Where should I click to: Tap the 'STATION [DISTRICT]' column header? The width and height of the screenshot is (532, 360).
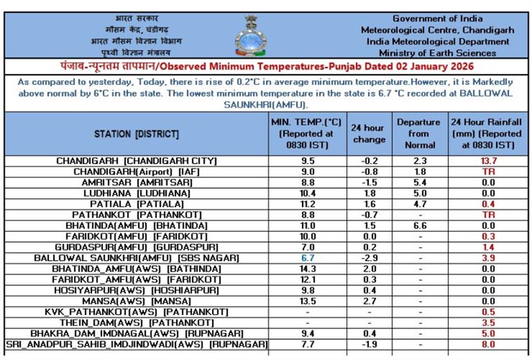136,133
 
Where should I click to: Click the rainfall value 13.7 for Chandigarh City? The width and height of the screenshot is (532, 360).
488,161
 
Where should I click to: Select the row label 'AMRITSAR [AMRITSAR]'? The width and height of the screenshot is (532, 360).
137,182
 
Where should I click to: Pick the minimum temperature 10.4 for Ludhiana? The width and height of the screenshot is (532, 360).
307,193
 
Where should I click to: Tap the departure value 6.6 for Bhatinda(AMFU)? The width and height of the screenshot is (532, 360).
420,226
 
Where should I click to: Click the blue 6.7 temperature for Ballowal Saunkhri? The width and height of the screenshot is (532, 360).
307,258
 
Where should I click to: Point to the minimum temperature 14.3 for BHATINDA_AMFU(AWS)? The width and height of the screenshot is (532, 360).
307,269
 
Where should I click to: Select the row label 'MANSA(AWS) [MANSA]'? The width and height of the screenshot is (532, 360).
137,301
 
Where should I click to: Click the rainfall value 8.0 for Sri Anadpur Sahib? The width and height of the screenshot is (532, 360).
488,344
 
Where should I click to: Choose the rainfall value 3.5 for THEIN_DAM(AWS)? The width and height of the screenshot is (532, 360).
488,323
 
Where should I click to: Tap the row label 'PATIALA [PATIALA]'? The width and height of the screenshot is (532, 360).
137,205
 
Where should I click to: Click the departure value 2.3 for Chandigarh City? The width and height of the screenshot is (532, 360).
420,161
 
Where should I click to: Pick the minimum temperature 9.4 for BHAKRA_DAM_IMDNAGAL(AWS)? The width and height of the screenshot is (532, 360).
307,333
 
